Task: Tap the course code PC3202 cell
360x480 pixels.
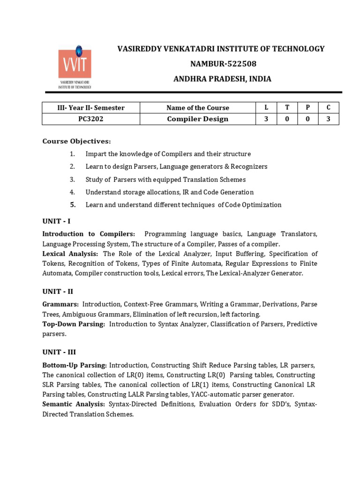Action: (x=91, y=119)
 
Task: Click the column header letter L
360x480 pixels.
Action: (x=266, y=108)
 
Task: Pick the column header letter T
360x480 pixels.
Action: (x=287, y=108)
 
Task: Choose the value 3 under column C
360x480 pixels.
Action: (x=329, y=119)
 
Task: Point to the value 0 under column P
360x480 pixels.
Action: (x=307, y=119)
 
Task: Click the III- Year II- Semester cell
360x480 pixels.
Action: (x=91, y=108)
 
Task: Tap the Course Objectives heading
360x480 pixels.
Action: (x=77, y=141)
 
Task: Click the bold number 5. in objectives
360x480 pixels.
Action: (x=73, y=204)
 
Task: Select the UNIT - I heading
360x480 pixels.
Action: (x=56, y=221)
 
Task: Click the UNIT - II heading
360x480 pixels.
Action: (x=58, y=291)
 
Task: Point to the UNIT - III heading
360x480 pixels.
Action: (x=59, y=352)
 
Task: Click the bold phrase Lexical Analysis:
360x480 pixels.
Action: (x=70, y=254)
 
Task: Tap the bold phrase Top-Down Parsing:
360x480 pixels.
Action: (x=74, y=324)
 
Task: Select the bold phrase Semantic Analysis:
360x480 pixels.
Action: (x=74, y=404)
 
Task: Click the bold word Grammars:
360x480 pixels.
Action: (x=60, y=304)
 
